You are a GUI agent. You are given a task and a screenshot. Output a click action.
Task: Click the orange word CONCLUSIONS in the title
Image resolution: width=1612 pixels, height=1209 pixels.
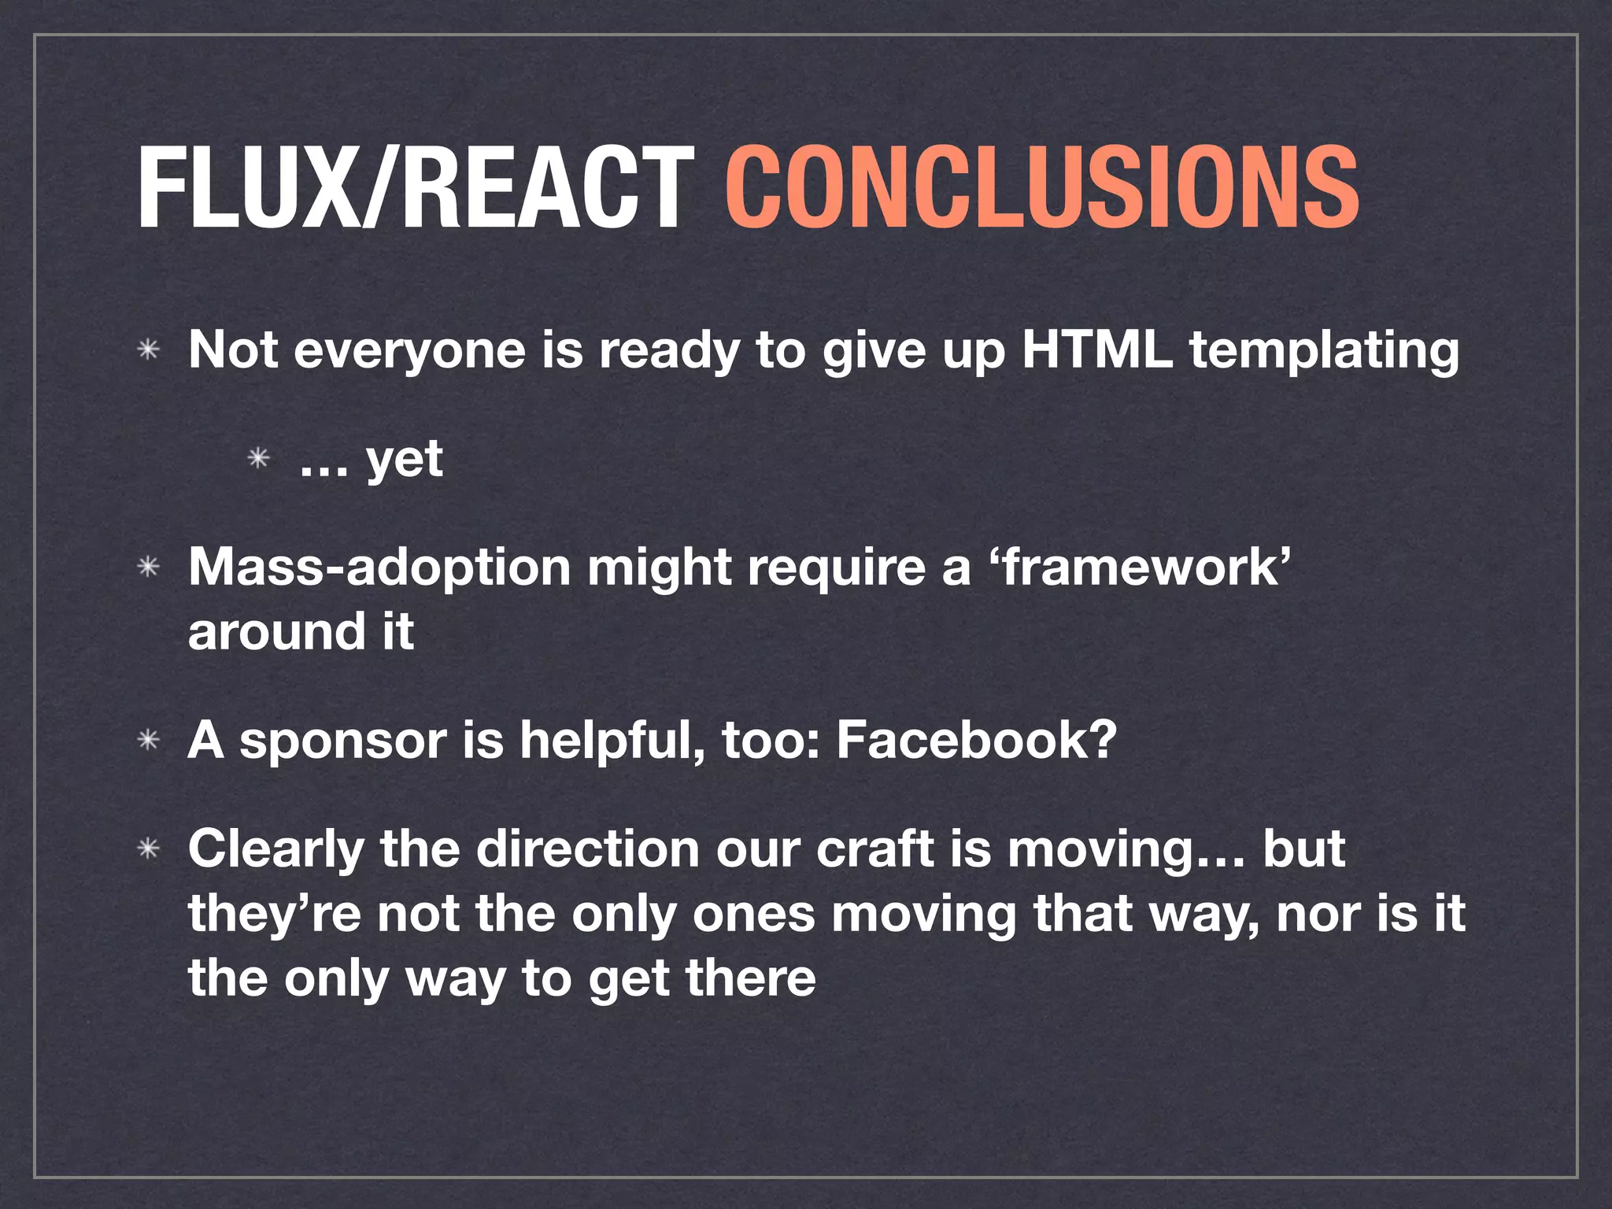(1041, 189)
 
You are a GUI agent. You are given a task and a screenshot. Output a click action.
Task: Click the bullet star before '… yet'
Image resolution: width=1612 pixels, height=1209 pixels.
(259, 458)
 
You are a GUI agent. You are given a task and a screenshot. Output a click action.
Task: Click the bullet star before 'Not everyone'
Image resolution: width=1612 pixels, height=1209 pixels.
(148, 349)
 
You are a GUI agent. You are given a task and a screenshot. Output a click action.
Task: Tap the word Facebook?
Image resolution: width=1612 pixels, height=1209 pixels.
(976, 740)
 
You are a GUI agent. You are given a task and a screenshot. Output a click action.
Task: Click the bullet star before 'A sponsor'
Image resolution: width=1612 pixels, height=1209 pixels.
(148, 741)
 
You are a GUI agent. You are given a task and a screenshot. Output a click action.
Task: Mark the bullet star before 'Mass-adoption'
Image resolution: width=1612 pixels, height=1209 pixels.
(148, 567)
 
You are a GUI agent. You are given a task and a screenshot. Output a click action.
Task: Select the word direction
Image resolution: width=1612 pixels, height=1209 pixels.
(587, 849)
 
